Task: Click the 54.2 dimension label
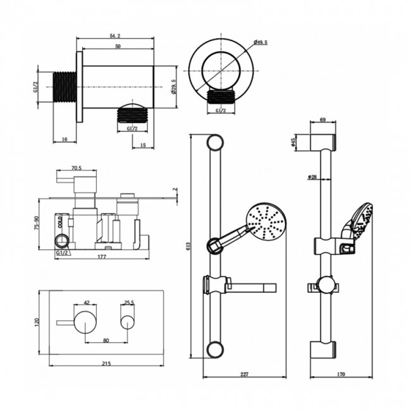point(115,37)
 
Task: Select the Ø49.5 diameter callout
point(261,42)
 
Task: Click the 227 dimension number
point(245,374)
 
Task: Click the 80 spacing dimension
point(105,340)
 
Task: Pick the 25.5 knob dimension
point(129,302)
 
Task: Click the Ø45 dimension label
point(294,143)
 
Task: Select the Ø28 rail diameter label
point(312,177)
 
